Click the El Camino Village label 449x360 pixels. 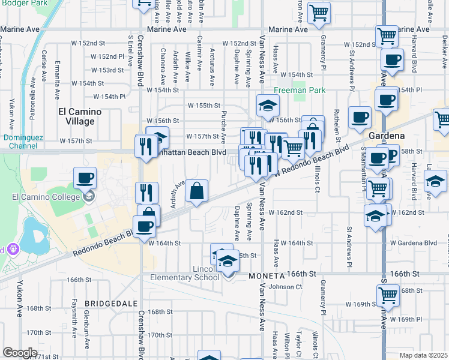(80, 116)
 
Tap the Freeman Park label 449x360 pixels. (299, 91)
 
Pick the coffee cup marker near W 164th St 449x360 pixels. (144, 226)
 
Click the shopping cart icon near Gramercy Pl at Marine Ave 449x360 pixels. (319, 12)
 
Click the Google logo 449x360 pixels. (20, 353)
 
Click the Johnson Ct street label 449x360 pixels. (288, 286)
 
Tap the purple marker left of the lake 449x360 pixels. (3, 249)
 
